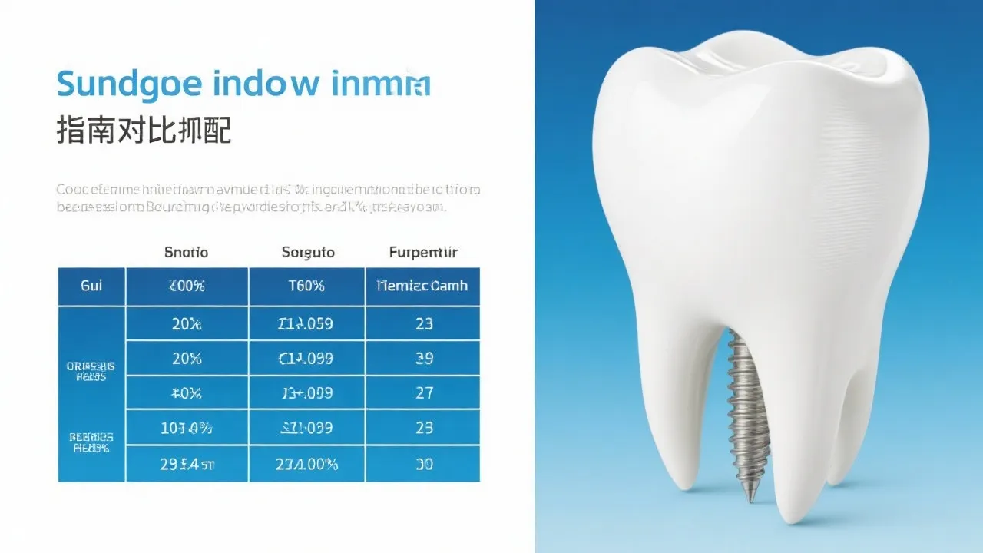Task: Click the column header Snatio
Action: click(x=187, y=252)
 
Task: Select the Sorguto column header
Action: click(x=307, y=252)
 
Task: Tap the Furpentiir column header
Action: click(x=423, y=252)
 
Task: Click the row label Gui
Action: click(x=91, y=286)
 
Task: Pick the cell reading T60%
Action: click(x=307, y=286)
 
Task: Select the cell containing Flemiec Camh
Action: click(x=423, y=286)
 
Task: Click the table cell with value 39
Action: click(x=424, y=358)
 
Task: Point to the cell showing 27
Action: click(x=424, y=392)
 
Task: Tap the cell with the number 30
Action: click(x=424, y=464)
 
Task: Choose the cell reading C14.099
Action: click(x=306, y=358)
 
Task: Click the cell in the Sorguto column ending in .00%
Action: click(x=306, y=464)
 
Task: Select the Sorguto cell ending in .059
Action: click(x=306, y=323)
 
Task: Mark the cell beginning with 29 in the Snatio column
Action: click(x=187, y=464)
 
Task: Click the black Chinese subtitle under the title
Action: click(x=144, y=131)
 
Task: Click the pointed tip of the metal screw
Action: click(x=752, y=498)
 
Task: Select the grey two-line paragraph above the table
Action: click(x=268, y=197)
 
